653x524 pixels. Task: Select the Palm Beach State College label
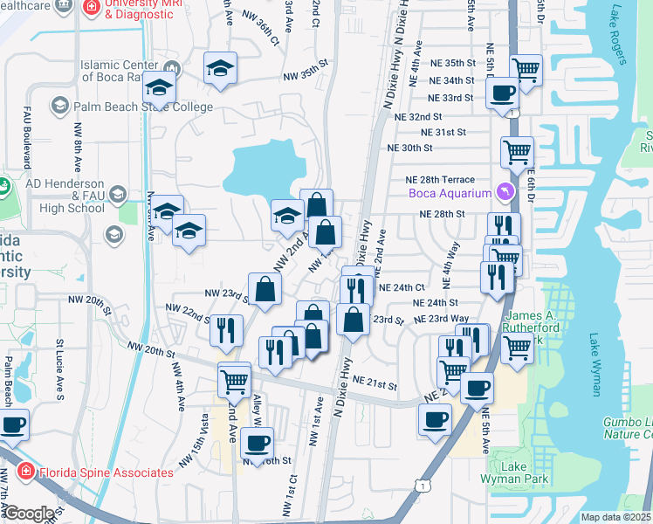(x=143, y=107)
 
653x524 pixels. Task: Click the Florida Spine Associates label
(x=106, y=472)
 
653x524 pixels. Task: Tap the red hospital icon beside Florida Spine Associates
(x=27, y=472)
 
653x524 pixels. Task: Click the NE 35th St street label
(x=448, y=64)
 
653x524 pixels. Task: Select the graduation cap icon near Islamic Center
(x=161, y=86)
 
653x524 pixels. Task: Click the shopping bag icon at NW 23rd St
(x=265, y=287)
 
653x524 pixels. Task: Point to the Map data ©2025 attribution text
(x=615, y=517)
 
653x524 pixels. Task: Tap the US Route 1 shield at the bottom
(x=423, y=484)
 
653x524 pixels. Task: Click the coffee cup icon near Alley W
(x=256, y=441)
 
